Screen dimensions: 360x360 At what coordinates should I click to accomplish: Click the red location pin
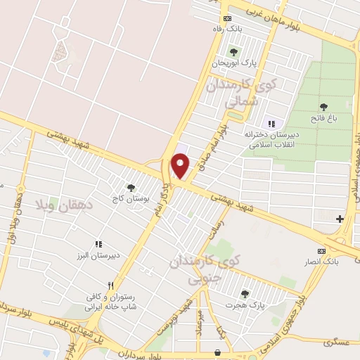(x=181, y=166)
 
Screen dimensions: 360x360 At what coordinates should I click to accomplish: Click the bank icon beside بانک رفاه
(x=226, y=18)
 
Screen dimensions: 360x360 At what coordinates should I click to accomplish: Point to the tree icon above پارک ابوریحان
(x=233, y=52)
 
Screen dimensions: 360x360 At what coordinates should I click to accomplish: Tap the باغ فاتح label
(x=324, y=118)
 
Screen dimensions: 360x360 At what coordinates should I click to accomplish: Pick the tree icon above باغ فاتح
(x=323, y=107)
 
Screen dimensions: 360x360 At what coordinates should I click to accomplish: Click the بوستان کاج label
(x=130, y=198)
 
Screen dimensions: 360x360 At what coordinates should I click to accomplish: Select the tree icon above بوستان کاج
(x=130, y=187)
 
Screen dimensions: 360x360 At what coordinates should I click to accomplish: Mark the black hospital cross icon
(x=340, y=219)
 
